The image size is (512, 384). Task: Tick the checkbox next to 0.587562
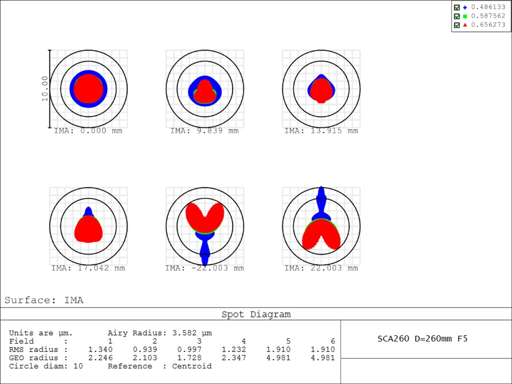pyautogui.click(x=456, y=16)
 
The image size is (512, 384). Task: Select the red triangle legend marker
pyautogui.click(x=465, y=24)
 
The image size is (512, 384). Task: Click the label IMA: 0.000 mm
pyautogui.click(x=88, y=131)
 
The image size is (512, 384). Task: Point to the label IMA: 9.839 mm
pyautogui.click(x=204, y=131)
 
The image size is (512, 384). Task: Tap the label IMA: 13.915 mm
pyautogui.click(x=321, y=131)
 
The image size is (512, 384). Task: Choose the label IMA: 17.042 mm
pyautogui.click(x=88, y=268)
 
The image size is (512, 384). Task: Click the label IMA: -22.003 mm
pyautogui.click(x=204, y=268)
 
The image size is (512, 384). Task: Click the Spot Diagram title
pyautogui.click(x=256, y=314)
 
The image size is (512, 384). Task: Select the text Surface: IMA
pyautogui.click(x=44, y=300)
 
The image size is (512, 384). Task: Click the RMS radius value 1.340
pyautogui.click(x=100, y=349)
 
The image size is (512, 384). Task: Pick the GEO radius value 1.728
pyautogui.click(x=189, y=358)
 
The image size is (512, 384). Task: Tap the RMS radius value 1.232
pyautogui.click(x=234, y=349)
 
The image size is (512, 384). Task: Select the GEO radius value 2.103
pyautogui.click(x=145, y=358)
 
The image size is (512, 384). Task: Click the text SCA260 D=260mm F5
pyautogui.click(x=422, y=338)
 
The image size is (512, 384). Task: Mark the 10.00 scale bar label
pyautogui.click(x=45, y=88)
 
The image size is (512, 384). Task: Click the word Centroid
pyautogui.click(x=191, y=366)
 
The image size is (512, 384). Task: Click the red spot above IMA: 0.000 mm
pyautogui.click(x=88, y=88)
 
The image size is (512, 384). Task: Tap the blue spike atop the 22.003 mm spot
pyautogui.click(x=321, y=197)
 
